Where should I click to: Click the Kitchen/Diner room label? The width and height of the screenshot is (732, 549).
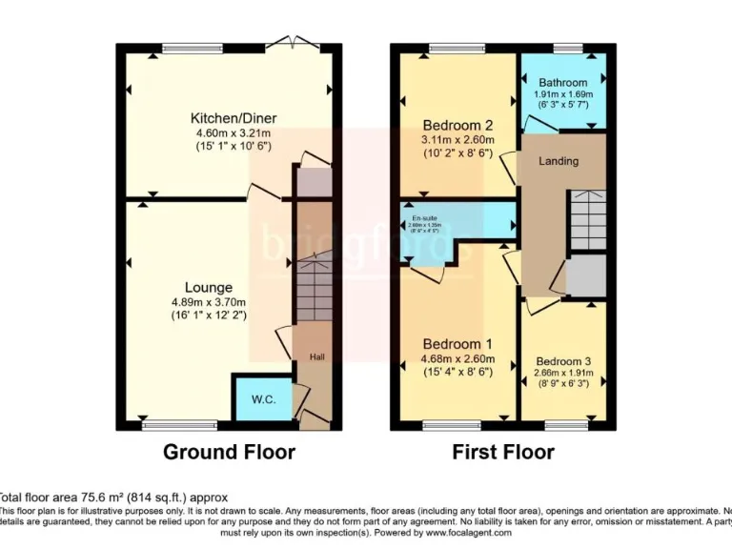click(x=234, y=118)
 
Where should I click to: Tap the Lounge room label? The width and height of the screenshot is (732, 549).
click(x=209, y=287)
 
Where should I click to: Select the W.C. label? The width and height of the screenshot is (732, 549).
click(x=264, y=399)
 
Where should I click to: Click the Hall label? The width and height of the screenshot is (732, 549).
click(x=316, y=356)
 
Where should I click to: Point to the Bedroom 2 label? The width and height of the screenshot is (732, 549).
click(x=458, y=124)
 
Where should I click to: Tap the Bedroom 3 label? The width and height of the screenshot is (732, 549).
click(x=562, y=361)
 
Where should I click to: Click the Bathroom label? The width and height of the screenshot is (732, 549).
click(x=562, y=82)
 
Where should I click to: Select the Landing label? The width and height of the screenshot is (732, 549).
click(x=559, y=161)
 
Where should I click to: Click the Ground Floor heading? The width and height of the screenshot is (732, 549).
click(x=229, y=452)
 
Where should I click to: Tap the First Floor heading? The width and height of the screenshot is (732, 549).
click(x=502, y=452)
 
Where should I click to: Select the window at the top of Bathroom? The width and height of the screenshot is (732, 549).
click(x=568, y=48)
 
